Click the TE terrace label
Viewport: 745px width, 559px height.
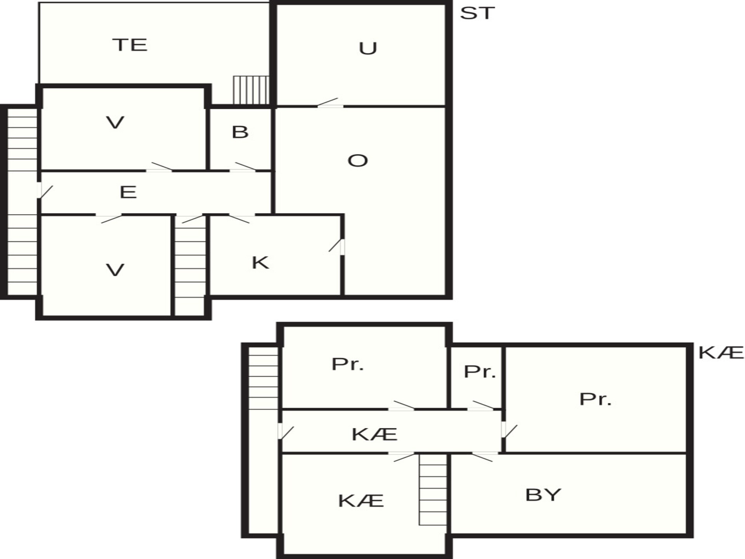click(x=130, y=45)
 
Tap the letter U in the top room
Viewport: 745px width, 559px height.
click(x=368, y=49)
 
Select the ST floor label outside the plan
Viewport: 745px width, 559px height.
click(x=477, y=13)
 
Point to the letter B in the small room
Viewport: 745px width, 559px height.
click(x=240, y=132)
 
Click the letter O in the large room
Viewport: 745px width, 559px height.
click(x=357, y=161)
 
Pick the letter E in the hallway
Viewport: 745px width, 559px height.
click(x=128, y=192)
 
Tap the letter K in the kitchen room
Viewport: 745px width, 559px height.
click(x=260, y=263)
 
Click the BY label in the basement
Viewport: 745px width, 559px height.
click(x=543, y=495)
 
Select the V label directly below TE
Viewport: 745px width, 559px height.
click(x=115, y=123)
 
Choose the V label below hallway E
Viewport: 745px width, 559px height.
click(x=115, y=270)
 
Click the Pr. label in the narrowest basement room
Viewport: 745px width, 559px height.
click(x=480, y=372)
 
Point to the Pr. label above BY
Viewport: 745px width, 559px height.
click(x=595, y=399)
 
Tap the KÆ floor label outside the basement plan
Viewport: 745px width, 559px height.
click(x=721, y=353)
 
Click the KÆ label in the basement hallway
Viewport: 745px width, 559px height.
click(x=374, y=434)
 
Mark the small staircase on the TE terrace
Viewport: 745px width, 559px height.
click(x=251, y=90)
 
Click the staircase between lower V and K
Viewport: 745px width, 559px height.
click(x=190, y=266)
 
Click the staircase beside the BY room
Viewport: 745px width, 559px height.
click(x=433, y=489)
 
